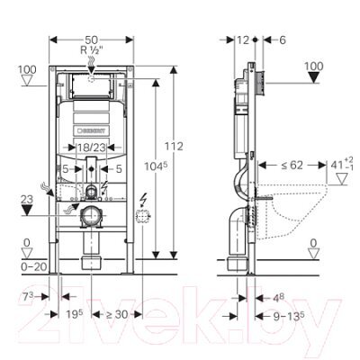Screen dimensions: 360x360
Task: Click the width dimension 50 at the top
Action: pos(92,40)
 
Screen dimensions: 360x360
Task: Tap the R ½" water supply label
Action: pos(92,49)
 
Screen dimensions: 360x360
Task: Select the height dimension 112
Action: pos(174,147)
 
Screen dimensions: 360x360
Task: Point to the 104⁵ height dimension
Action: pos(156,166)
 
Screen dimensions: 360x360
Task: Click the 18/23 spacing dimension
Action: pos(92,148)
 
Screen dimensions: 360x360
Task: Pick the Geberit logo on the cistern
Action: pos(92,130)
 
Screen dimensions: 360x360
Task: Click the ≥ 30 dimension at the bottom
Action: pos(117,314)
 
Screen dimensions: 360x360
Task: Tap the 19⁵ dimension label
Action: pos(75,314)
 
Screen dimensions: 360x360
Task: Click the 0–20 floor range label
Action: pos(34,266)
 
